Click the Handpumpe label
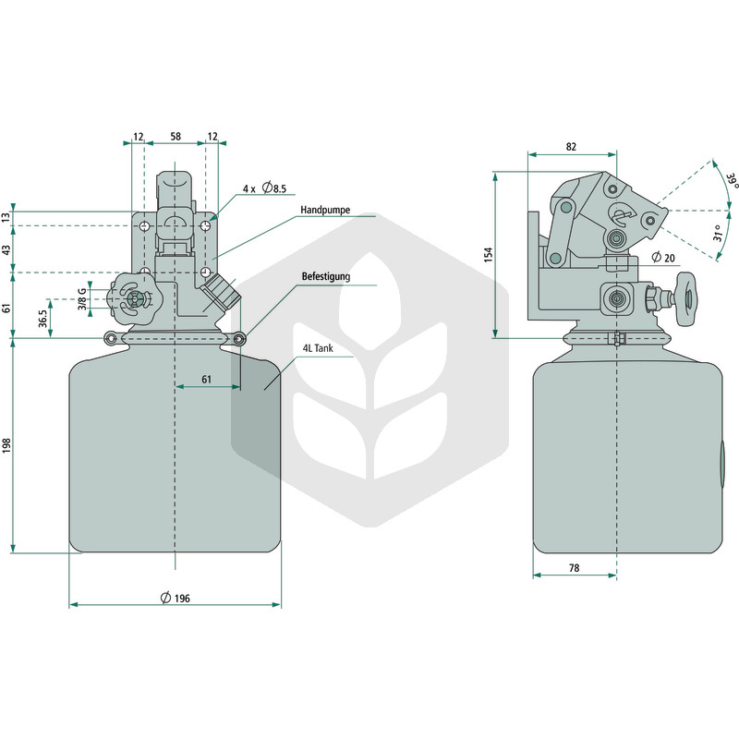[x=325, y=210]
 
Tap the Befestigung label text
[x=326, y=276]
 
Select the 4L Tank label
[x=318, y=348]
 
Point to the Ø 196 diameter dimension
[x=176, y=598]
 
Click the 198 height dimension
[x=6, y=445]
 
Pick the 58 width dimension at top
[x=176, y=136]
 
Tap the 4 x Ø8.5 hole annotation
[x=264, y=188]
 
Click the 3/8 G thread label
[x=82, y=298]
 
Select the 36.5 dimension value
[x=43, y=319]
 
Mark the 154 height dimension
[x=489, y=255]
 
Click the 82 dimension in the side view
[x=571, y=147]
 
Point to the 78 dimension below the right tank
[x=574, y=568]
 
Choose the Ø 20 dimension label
[x=663, y=258]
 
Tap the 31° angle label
[x=718, y=233]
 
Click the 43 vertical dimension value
[x=6, y=249]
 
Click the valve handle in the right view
[x=685, y=299]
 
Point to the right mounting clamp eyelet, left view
[x=239, y=338]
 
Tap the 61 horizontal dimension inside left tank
[x=206, y=380]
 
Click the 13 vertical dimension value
[x=6, y=218]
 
